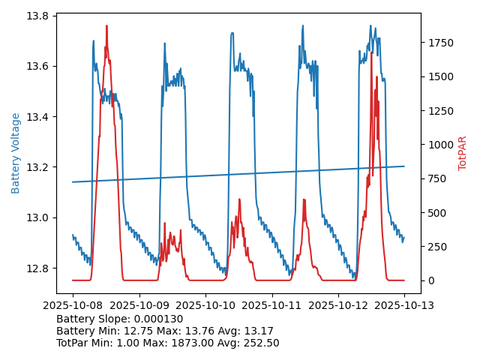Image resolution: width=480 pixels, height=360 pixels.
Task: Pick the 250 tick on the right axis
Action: (x=435, y=247)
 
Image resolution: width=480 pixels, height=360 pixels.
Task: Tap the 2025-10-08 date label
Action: (x=73, y=306)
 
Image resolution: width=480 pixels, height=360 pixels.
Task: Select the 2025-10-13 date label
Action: (x=404, y=306)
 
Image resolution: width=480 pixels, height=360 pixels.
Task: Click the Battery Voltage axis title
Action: (x=16, y=153)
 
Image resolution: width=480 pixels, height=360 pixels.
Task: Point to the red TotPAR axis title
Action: (x=463, y=153)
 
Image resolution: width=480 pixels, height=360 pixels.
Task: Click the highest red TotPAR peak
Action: (x=106, y=26)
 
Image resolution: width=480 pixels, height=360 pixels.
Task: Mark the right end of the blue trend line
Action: (x=404, y=166)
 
